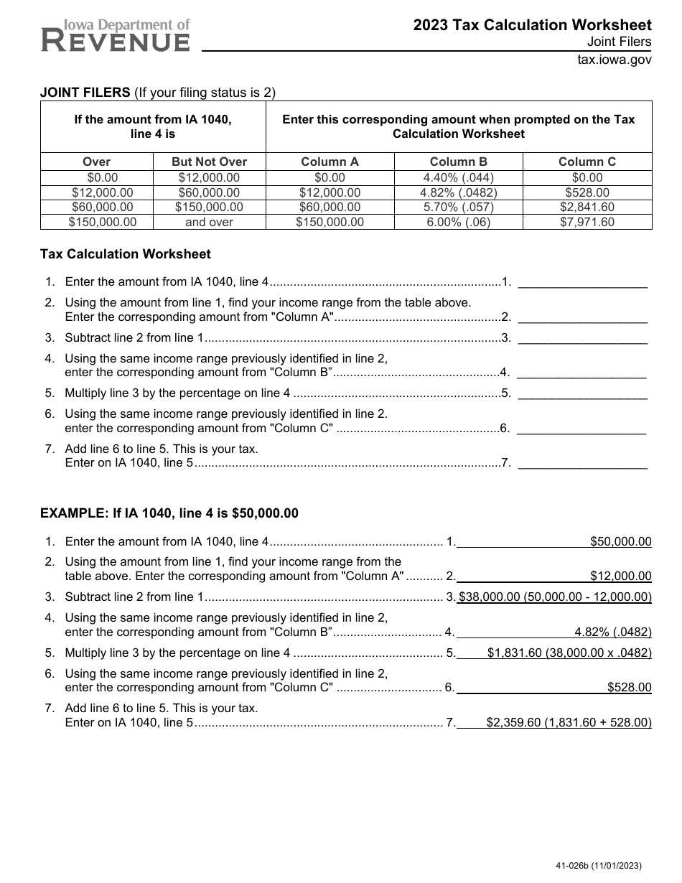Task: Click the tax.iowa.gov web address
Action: click(x=615, y=60)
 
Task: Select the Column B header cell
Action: click(x=458, y=162)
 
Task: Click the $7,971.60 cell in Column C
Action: click(x=587, y=222)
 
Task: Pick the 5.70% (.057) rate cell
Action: click(x=458, y=207)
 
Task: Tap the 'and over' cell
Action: click(x=209, y=222)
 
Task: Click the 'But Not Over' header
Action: click(x=209, y=162)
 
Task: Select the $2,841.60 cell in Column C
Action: click(x=587, y=207)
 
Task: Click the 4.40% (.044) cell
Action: click(x=458, y=177)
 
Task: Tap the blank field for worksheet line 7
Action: click(x=582, y=463)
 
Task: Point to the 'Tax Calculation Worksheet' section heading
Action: click(x=126, y=254)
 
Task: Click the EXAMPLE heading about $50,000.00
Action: click(x=169, y=513)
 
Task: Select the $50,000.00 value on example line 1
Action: click(x=620, y=541)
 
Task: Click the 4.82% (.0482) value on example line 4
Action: click(x=612, y=632)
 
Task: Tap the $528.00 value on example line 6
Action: click(x=629, y=687)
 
